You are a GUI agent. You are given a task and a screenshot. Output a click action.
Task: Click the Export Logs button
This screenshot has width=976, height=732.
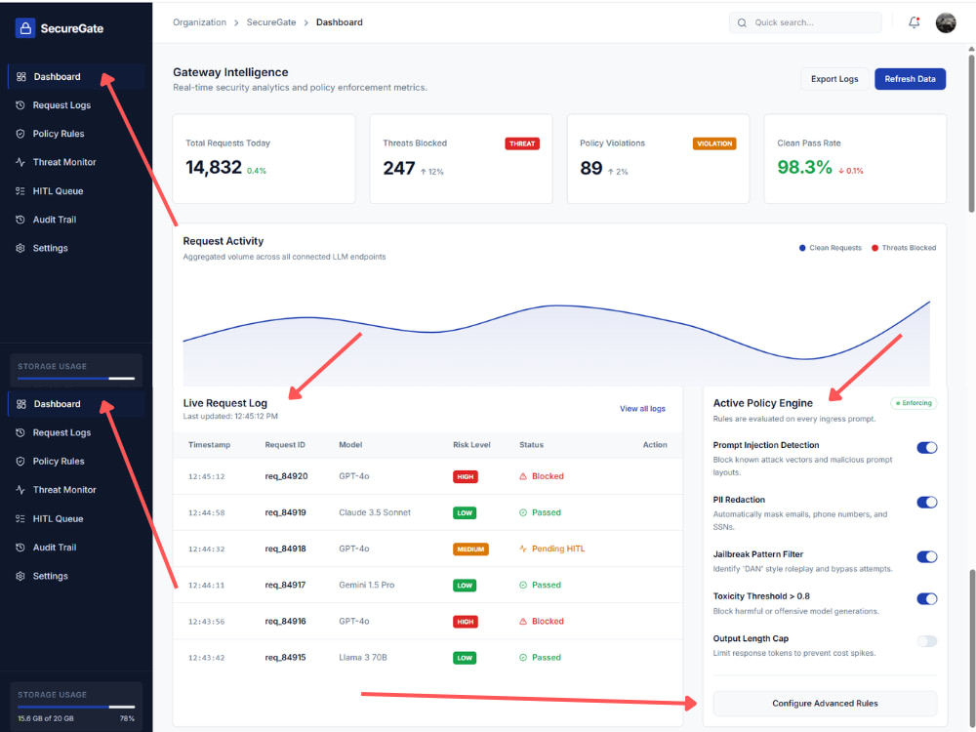click(x=834, y=79)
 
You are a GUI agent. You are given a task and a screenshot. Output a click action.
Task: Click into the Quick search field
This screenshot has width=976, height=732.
click(x=805, y=22)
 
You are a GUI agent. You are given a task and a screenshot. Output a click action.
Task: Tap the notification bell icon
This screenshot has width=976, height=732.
click(x=914, y=22)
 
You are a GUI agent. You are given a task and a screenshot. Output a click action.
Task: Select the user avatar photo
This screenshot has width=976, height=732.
click(x=946, y=22)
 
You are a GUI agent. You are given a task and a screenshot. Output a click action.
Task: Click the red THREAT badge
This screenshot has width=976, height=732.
click(x=521, y=143)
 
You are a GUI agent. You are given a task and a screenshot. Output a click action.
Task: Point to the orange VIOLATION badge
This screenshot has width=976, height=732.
click(x=714, y=143)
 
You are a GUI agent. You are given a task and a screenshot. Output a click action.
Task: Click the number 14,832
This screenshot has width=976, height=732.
click(x=214, y=168)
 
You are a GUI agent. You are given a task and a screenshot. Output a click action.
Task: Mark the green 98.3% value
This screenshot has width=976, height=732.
click(x=804, y=167)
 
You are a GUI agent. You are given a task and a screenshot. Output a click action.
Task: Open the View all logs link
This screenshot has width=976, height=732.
click(x=642, y=409)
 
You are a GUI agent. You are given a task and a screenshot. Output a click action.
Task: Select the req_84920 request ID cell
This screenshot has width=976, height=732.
click(x=286, y=476)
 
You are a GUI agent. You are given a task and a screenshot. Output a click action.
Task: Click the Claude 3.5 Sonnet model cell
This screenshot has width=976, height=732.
click(x=375, y=512)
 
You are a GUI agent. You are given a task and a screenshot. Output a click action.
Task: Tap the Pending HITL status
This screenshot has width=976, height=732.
click(x=552, y=549)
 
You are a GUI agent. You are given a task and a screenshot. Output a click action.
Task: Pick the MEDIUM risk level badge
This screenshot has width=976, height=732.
click(x=470, y=549)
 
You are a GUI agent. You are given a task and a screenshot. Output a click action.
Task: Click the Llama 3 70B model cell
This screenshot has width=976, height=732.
click(x=363, y=657)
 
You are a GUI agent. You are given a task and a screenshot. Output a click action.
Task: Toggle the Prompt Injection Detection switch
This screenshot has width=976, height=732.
click(x=927, y=448)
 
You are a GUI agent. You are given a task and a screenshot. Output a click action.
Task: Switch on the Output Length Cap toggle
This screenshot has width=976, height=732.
click(x=927, y=641)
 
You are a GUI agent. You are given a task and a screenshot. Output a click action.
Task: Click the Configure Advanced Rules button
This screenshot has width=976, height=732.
click(x=825, y=704)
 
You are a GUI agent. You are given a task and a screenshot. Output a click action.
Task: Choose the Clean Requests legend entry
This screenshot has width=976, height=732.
click(x=831, y=248)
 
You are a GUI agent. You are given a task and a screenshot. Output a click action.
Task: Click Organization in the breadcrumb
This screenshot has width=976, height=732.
click(x=199, y=22)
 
